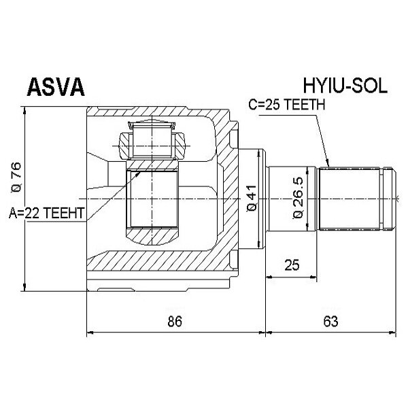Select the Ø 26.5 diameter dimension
(297, 197)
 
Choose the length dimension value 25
(292, 265)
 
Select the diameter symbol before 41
(252, 207)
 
